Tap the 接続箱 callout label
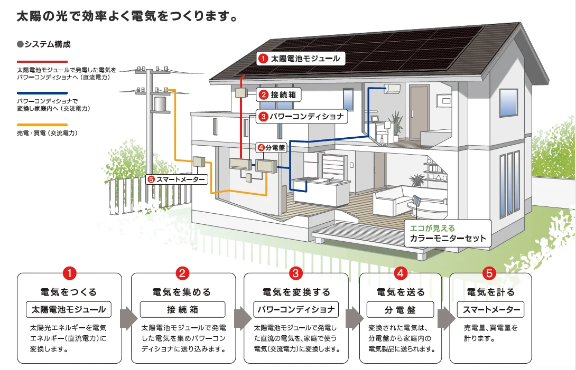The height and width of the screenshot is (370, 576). [278, 95]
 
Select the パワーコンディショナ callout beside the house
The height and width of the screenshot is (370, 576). [302, 116]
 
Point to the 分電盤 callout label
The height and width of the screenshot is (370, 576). [272, 148]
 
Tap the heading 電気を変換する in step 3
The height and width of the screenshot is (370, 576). [296, 292]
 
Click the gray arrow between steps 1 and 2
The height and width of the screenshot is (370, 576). [128, 318]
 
